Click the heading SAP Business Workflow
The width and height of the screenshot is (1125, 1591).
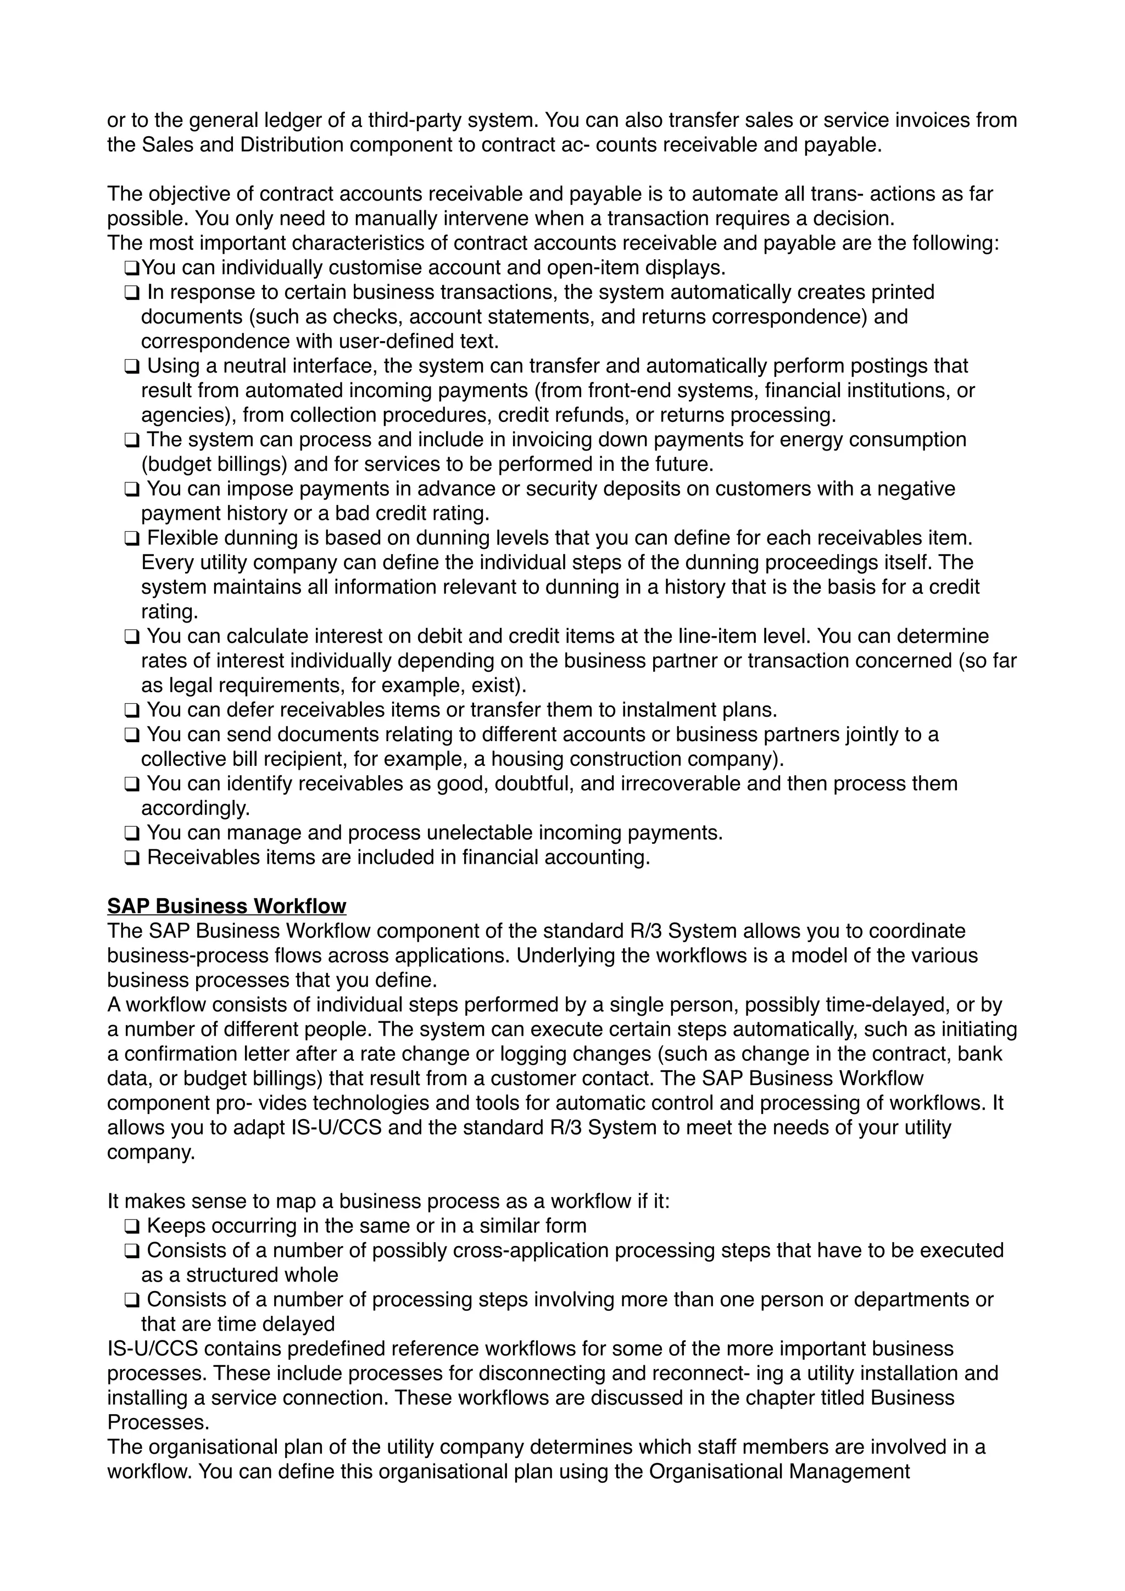[226, 906]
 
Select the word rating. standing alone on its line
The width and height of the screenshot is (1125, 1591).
[170, 612]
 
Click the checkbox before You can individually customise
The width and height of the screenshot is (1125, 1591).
[132, 268]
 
